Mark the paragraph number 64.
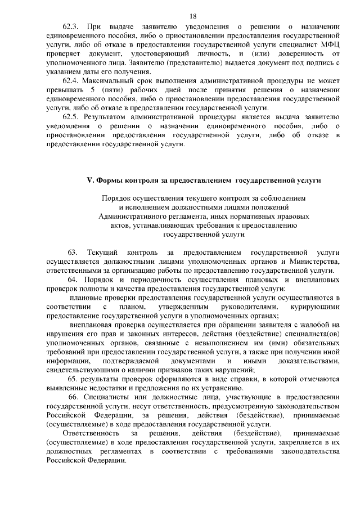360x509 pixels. tap(72, 280)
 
